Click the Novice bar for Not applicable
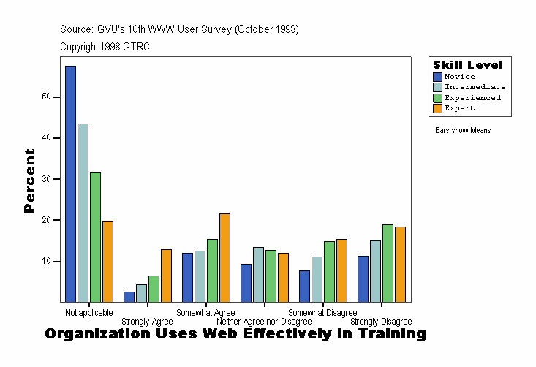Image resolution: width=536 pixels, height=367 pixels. [70, 183]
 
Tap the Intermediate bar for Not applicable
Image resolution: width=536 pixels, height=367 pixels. [83, 213]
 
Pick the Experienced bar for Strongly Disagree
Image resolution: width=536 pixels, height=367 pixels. [388, 263]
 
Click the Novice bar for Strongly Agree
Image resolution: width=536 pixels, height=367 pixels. [129, 297]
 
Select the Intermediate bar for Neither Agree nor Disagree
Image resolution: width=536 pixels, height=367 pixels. [258, 274]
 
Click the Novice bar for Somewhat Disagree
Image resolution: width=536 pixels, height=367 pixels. [304, 286]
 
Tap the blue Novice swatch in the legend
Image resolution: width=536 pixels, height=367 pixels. [437, 77]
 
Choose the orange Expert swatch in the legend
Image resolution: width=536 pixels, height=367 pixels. [437, 108]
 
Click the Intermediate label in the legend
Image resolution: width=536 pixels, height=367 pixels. [475, 87]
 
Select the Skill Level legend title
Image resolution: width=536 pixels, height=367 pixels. [468, 65]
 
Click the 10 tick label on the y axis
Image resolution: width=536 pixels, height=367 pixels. [46, 261]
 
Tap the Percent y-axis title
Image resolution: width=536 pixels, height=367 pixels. [29, 181]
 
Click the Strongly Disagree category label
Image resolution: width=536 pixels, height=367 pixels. [381, 322]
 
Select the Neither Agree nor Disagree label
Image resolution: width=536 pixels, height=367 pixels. [264, 322]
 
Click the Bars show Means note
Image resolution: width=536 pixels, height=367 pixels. [463, 131]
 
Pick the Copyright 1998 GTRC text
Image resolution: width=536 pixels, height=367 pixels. [105, 47]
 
